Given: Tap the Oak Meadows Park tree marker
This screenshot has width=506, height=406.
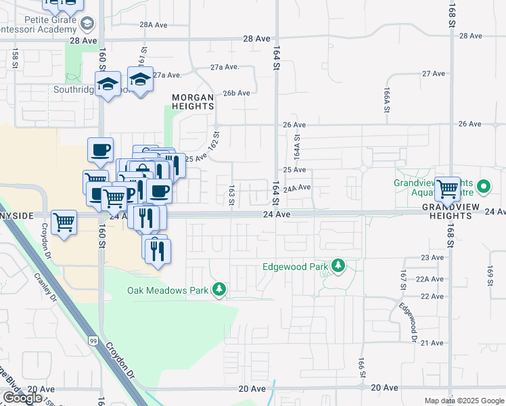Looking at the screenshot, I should [218, 290].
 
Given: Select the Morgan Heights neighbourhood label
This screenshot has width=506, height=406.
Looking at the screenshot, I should [193, 101].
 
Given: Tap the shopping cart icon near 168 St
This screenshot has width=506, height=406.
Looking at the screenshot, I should [448, 189].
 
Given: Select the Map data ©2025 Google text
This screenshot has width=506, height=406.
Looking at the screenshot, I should [464, 401].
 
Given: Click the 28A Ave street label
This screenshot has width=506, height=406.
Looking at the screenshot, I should [153, 24].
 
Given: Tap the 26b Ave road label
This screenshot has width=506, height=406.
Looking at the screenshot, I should [237, 93].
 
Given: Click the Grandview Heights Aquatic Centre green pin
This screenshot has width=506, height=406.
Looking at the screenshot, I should [484, 185].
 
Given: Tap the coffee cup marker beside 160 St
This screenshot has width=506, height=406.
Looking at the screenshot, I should [100, 150].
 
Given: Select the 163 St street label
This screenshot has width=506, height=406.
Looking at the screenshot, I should [231, 195].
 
